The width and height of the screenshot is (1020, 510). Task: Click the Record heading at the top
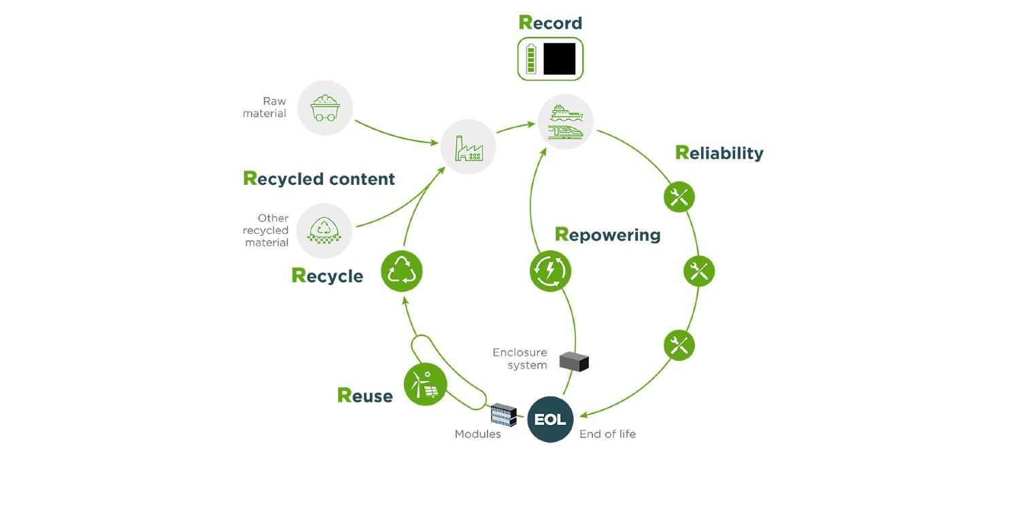click(550, 22)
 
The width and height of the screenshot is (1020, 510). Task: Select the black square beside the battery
click(559, 59)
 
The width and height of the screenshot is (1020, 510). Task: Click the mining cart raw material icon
click(325, 108)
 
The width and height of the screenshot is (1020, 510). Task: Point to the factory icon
click(468, 147)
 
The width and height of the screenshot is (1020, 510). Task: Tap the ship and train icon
click(565, 122)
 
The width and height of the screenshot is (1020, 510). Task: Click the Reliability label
click(719, 153)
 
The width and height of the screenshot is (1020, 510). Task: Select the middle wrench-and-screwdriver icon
click(698, 272)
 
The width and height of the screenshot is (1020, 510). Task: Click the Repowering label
click(607, 235)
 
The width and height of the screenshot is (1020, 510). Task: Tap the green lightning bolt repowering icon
click(550, 271)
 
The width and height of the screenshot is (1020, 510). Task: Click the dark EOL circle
click(550, 420)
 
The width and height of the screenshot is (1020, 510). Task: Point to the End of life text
click(607, 434)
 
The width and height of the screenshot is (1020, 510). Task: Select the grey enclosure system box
click(574, 361)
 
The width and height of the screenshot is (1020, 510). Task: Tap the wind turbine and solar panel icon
click(425, 384)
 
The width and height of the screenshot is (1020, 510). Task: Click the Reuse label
click(364, 396)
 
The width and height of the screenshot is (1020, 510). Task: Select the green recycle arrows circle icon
click(401, 271)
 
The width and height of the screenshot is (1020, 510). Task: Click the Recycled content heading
click(319, 179)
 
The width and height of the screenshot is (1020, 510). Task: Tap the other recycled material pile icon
click(324, 231)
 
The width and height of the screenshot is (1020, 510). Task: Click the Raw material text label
click(265, 107)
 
